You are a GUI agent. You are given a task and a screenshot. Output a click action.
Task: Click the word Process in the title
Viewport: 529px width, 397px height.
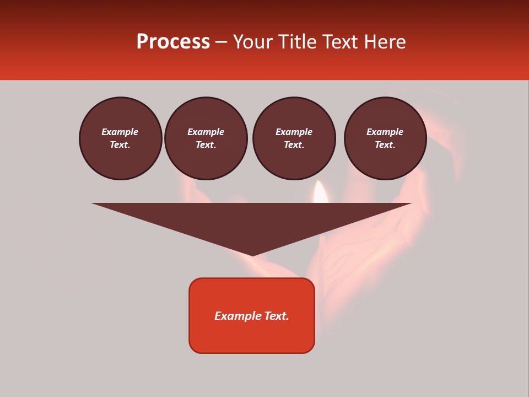pyautogui.click(x=173, y=42)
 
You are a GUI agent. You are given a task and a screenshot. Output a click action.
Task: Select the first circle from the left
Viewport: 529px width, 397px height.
pyautogui.click(x=121, y=138)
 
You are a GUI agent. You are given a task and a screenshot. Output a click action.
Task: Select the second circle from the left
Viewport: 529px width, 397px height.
pyautogui.click(x=206, y=138)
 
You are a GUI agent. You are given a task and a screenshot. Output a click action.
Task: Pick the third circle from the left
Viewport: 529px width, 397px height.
pyautogui.click(x=294, y=138)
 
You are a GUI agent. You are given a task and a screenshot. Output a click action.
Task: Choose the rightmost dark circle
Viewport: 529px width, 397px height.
pyautogui.click(x=385, y=138)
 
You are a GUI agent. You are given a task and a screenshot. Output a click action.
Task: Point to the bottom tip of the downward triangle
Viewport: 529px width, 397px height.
pyautogui.click(x=252, y=255)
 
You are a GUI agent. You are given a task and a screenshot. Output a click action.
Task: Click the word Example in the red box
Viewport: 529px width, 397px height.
pyautogui.click(x=238, y=316)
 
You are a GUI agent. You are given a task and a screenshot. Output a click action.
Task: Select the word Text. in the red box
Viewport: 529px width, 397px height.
pyautogui.click(x=277, y=316)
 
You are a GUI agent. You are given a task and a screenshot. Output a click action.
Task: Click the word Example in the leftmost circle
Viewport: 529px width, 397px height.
pyautogui.click(x=120, y=132)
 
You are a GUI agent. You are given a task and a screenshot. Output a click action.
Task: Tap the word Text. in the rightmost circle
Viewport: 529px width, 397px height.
pyautogui.click(x=385, y=145)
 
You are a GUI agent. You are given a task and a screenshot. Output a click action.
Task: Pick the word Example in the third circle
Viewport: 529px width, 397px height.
pyautogui.click(x=294, y=132)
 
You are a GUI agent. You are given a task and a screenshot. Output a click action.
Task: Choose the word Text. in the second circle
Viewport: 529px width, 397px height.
pyautogui.click(x=206, y=145)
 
